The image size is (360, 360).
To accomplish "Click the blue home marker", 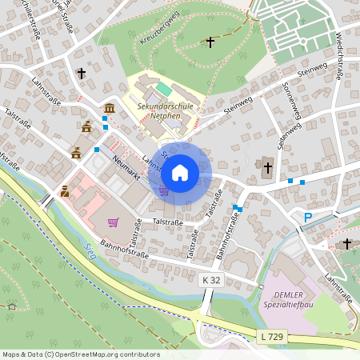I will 180,172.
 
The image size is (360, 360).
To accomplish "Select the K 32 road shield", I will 210,280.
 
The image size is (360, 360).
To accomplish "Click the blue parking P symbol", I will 308,217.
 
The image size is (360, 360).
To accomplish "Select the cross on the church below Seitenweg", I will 267,167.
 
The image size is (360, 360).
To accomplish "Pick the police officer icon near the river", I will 65,190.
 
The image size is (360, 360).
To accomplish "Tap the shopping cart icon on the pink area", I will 114,222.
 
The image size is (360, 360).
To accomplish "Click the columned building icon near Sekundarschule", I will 109,108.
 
